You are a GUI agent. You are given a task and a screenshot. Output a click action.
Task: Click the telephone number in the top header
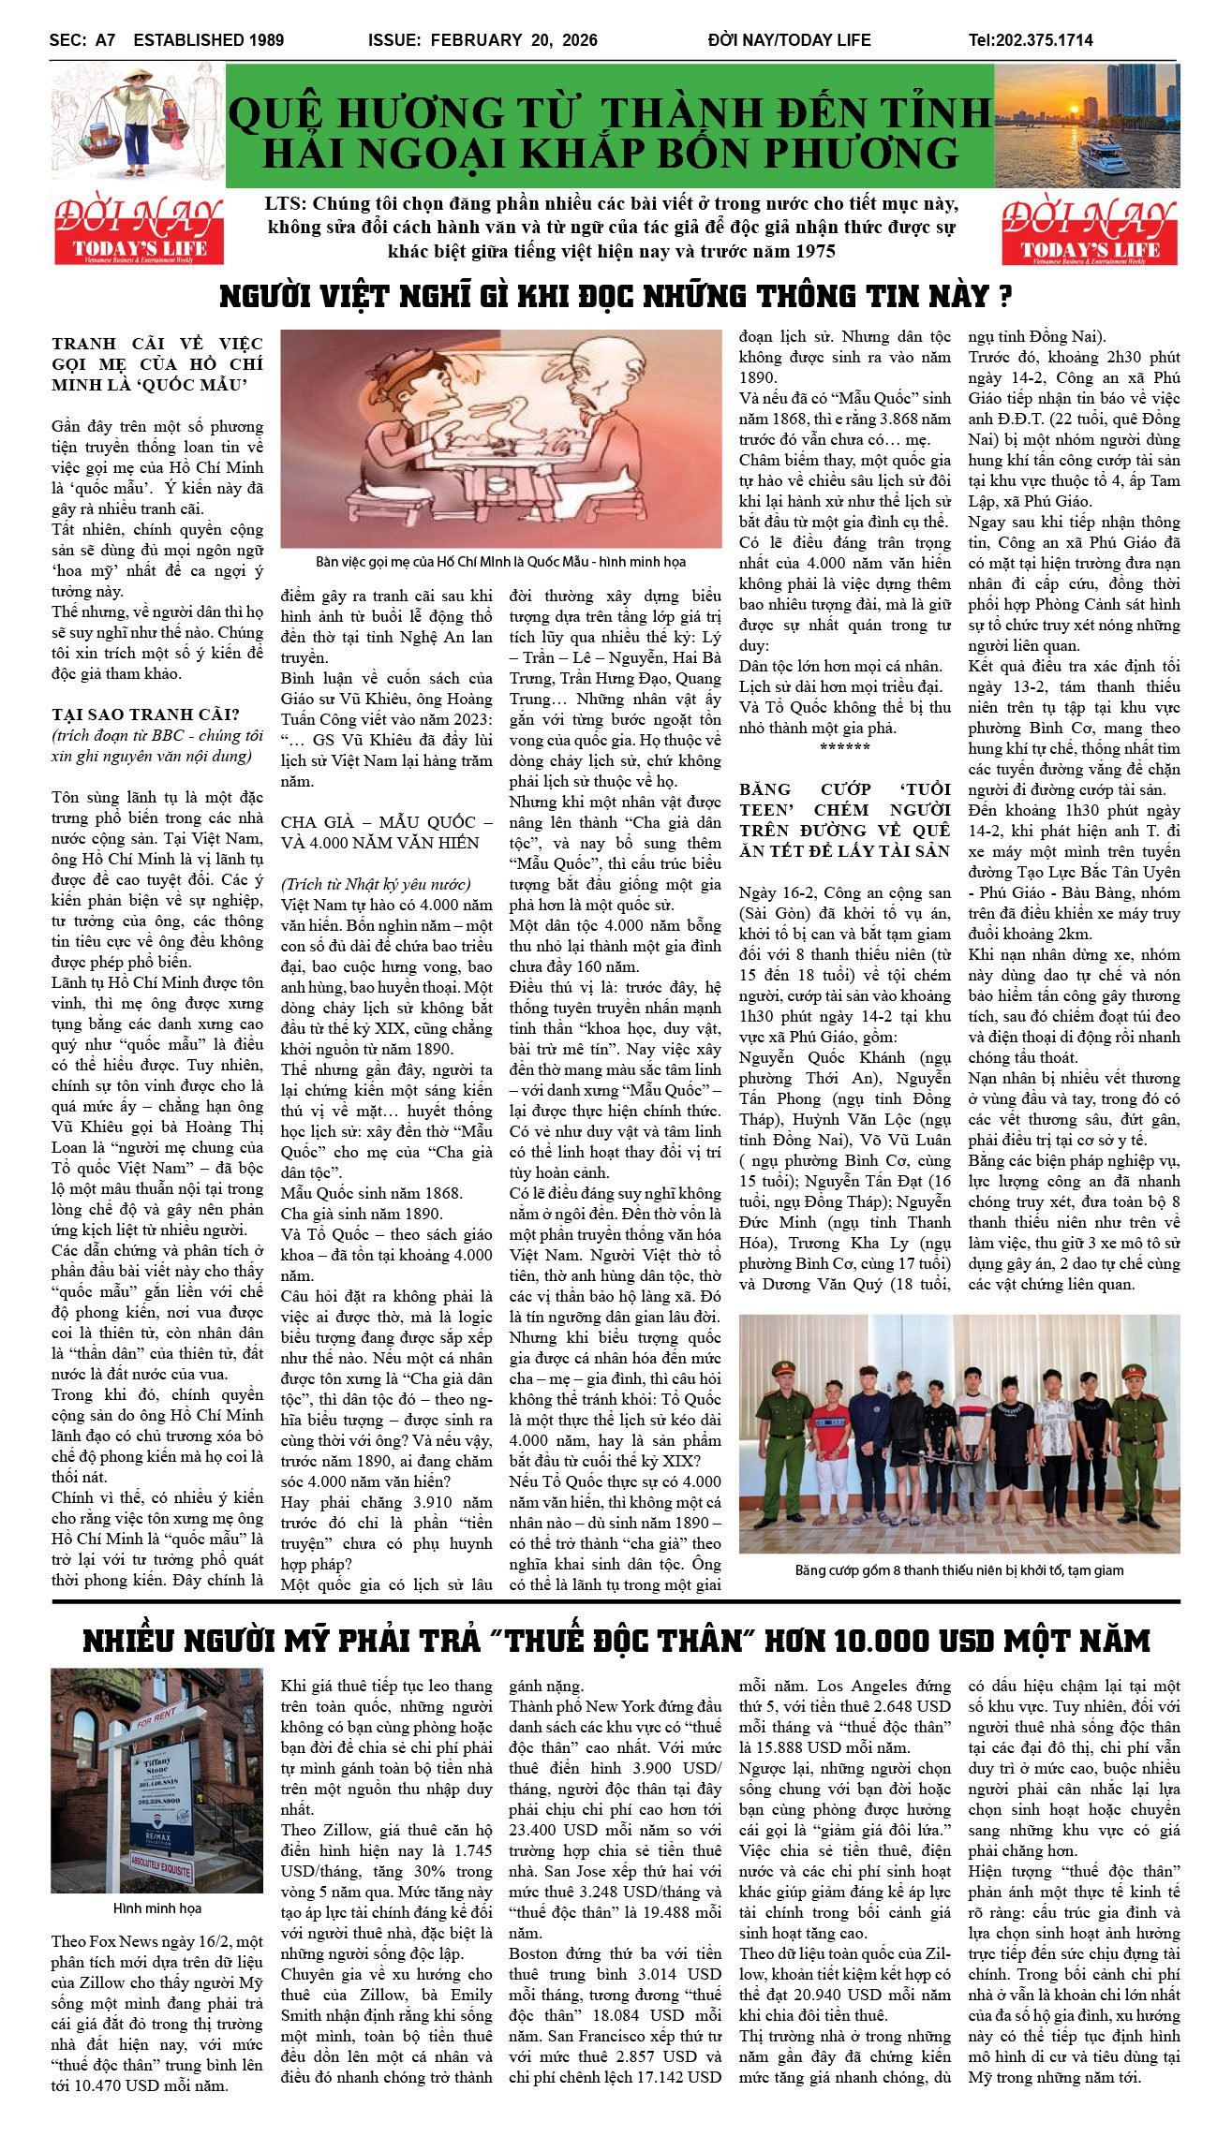(1031, 40)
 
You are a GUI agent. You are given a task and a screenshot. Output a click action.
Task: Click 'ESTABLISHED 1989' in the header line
(208, 40)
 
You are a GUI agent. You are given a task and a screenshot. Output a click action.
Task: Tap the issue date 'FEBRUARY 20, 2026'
(513, 40)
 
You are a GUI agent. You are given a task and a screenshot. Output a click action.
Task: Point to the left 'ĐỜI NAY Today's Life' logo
(139, 230)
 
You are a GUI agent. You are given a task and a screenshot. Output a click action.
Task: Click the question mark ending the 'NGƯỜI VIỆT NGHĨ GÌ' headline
(1004, 297)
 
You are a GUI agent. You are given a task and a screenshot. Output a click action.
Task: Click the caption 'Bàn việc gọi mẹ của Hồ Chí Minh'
(500, 562)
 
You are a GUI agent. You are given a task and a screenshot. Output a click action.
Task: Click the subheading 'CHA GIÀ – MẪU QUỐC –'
(386, 822)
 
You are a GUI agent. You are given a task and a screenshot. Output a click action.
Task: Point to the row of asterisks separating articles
(844, 747)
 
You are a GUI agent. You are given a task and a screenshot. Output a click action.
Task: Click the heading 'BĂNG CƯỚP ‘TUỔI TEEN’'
(844, 789)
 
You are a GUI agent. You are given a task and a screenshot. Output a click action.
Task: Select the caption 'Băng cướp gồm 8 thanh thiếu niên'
(958, 1570)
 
